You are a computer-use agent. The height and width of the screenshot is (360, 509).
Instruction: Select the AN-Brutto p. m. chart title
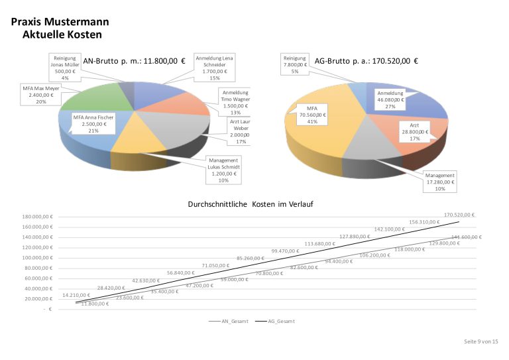[135, 61]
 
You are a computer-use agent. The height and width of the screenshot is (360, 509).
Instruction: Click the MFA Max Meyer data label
[42, 94]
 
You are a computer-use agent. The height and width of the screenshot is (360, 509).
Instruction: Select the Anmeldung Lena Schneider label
[214, 68]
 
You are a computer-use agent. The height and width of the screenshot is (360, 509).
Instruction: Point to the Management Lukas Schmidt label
[223, 170]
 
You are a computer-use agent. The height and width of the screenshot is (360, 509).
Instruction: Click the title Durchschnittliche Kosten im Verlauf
[251, 205]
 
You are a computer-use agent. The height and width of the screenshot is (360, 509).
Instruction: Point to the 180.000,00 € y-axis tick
[38, 216]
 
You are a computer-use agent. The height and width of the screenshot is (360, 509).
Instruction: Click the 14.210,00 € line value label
[76, 295]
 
